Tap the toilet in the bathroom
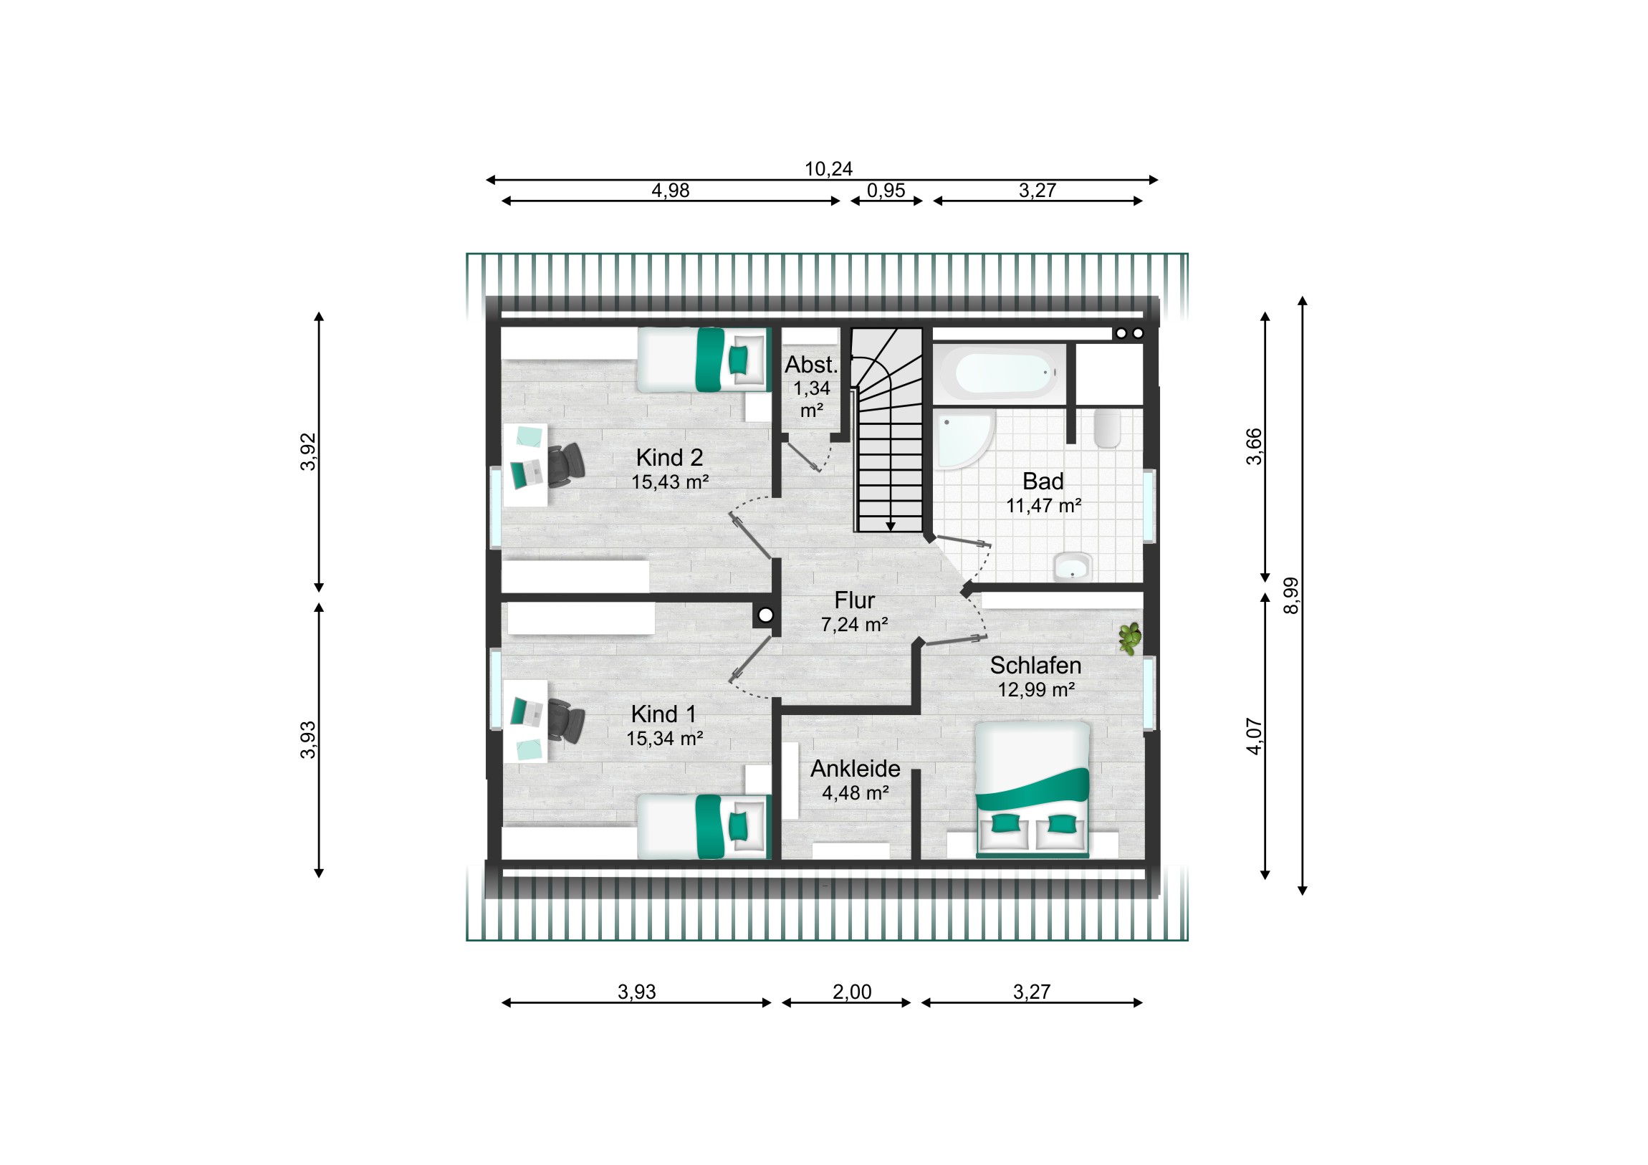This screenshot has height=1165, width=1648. (1108, 428)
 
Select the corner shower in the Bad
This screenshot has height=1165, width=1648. (964, 439)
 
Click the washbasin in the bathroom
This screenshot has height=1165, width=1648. (1073, 567)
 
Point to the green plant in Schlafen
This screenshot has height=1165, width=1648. (1130, 638)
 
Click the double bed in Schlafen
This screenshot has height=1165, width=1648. (1033, 790)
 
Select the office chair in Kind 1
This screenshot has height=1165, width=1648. (566, 721)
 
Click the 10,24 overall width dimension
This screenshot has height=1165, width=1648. (828, 169)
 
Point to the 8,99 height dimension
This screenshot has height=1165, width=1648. (1291, 596)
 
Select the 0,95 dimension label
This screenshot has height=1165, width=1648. (886, 191)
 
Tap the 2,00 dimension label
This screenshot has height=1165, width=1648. (852, 992)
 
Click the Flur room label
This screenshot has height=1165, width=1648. (854, 600)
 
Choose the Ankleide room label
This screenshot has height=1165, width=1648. (856, 769)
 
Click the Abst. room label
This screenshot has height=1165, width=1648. (811, 365)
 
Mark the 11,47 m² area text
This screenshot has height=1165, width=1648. (1044, 506)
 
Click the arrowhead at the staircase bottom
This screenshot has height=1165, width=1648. (890, 527)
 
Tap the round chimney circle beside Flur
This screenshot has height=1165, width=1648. (766, 615)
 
